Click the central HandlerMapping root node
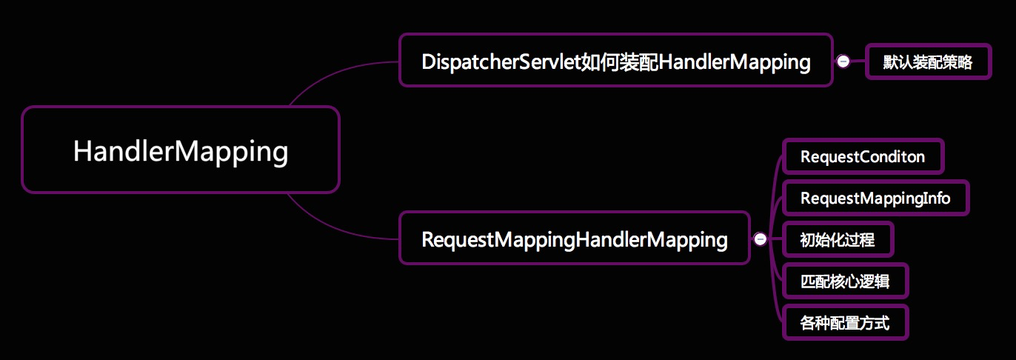tap(180, 150)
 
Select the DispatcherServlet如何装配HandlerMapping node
tap(615, 61)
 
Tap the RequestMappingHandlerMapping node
tap(574, 239)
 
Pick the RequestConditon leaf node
tap(863, 157)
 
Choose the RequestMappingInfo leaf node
tap(875, 199)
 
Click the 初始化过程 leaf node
tap(838, 240)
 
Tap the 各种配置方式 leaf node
tap(845, 323)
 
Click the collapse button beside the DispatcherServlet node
tap(843, 61)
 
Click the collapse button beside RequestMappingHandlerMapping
tap(760, 239)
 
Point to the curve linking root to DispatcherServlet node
tap(326, 76)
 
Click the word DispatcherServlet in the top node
tap(500, 61)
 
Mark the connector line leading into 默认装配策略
tap(858, 62)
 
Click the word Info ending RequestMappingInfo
tap(936, 199)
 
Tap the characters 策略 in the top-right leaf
tap(957, 62)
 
